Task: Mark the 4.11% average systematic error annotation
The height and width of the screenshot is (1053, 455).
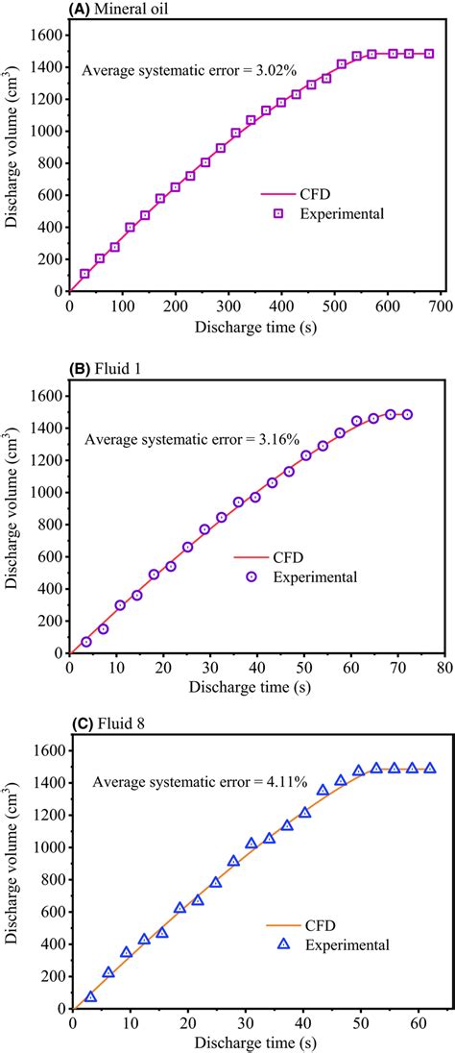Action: [199, 783]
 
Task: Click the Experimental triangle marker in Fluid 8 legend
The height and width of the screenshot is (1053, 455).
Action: [284, 944]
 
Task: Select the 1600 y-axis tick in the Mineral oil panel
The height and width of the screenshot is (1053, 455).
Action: [48, 34]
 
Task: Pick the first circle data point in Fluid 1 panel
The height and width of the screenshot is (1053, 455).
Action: [86, 642]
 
